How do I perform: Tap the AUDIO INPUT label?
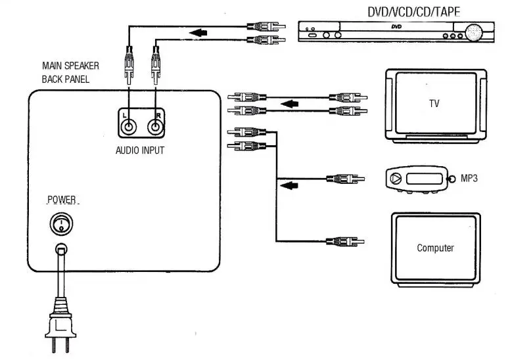pyautogui.click(x=140, y=150)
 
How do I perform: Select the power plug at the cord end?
pyautogui.click(x=60, y=325)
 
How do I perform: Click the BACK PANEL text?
pyautogui.click(x=66, y=79)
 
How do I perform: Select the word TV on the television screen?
pyautogui.click(x=433, y=104)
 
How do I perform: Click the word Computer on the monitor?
pyautogui.click(x=435, y=248)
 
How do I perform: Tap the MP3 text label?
pyautogui.click(x=468, y=178)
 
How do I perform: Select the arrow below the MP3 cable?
pyautogui.click(x=289, y=187)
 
